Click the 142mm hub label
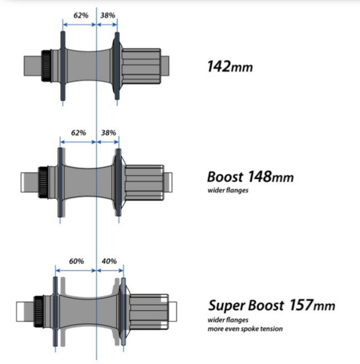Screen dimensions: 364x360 [230, 66]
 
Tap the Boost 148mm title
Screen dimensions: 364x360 [250, 177]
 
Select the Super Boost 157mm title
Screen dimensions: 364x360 [272, 305]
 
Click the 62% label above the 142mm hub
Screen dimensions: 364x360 [81, 15]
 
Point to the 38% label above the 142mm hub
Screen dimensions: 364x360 [108, 15]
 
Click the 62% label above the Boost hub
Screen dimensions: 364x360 [78, 133]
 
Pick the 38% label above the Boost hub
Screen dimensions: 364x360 [108, 133]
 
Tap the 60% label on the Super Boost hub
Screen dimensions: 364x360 [76, 261]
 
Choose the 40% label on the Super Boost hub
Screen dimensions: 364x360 [109, 261]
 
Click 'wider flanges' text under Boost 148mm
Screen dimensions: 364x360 [228, 190]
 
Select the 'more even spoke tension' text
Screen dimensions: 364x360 [245, 328]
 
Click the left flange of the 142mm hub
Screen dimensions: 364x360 [63, 66]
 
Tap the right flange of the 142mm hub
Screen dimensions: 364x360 [117, 66]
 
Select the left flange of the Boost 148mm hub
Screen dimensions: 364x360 [60, 182]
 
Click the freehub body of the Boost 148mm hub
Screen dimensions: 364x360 [144, 182]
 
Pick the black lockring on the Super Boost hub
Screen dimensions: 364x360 [38, 306]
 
